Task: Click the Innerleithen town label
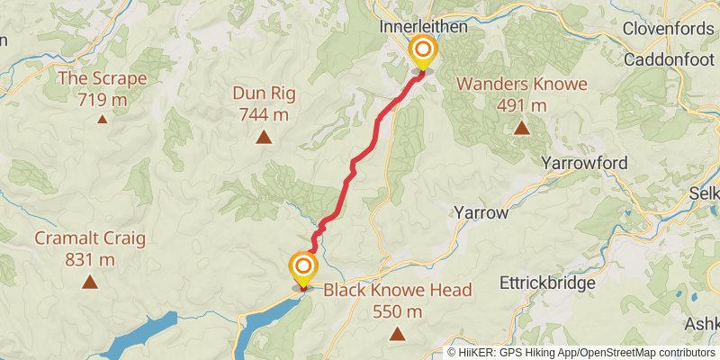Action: tap(424, 27)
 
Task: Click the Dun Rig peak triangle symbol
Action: tap(264, 138)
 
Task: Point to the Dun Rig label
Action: tap(264, 94)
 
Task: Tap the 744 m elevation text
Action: tap(264, 114)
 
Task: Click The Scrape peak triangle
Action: tap(102, 119)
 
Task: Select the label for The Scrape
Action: tap(102, 78)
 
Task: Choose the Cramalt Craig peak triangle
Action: tap(89, 283)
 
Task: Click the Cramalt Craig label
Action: tap(89, 238)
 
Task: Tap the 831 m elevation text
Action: tap(89, 260)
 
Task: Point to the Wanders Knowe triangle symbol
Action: tap(521, 128)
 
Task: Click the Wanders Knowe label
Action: tap(521, 85)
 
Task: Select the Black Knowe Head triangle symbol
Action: tap(397, 334)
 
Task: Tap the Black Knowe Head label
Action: tap(397, 290)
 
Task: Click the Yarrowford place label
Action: tap(584, 163)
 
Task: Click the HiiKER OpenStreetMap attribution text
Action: tap(581, 352)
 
